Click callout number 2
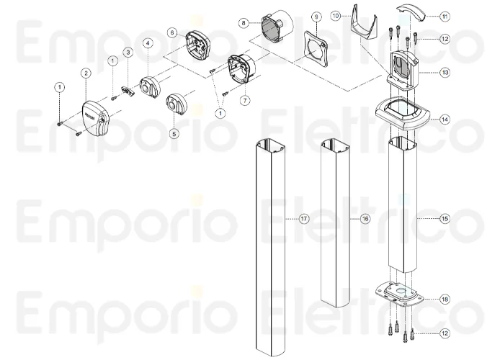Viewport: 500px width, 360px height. [86, 73]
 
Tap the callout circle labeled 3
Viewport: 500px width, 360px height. [127, 52]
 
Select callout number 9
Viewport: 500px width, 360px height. [315, 17]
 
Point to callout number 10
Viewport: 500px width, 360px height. [356, 15]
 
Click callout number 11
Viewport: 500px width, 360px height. [445, 15]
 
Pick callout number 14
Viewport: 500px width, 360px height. [445, 120]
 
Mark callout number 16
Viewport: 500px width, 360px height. [365, 218]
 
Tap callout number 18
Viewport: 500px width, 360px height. [445, 298]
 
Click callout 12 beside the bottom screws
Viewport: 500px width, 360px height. [445, 333]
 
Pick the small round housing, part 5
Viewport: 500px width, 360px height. [177, 104]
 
